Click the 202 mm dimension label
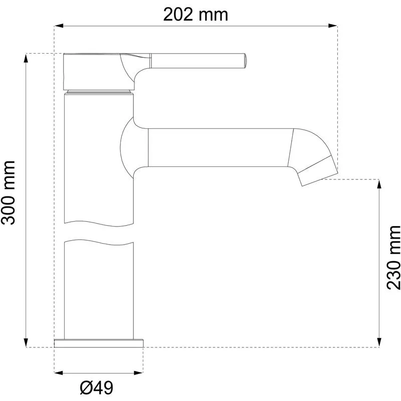click(195, 15)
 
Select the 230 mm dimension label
click(393, 258)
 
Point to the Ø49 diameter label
click(96, 388)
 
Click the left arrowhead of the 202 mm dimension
click(59, 26)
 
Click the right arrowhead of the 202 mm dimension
click(333, 26)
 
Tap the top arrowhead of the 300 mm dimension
click(26, 58)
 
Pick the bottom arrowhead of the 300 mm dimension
click(26, 343)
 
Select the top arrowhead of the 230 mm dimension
click(379, 184)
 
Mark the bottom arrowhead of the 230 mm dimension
click(379, 343)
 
